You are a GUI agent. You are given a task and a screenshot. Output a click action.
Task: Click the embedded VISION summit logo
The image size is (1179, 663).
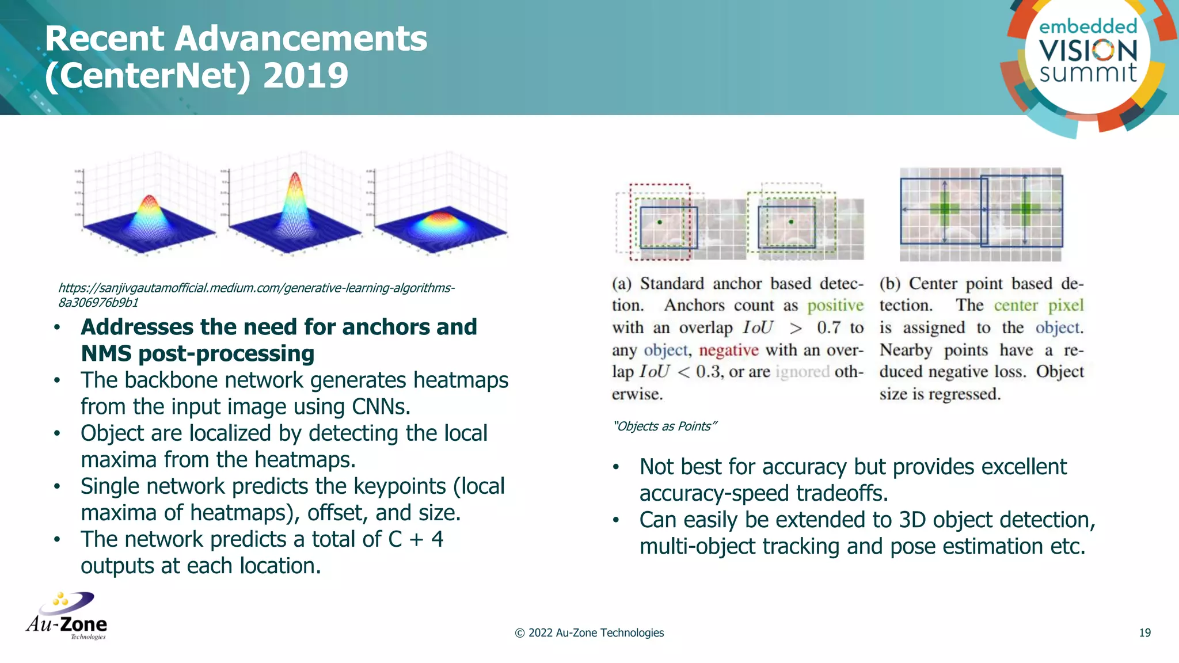1087,55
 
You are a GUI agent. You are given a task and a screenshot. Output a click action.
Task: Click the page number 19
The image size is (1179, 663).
1144,633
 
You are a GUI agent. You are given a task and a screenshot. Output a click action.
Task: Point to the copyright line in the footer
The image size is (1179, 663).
589,633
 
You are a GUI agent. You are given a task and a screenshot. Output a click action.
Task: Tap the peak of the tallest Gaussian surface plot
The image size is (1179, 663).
295,175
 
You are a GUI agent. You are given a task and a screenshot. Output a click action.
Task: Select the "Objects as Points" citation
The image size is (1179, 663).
665,426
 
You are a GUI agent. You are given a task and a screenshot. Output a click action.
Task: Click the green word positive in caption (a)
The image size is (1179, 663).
835,306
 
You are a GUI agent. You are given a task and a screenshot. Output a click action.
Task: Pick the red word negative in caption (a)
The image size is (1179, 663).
728,350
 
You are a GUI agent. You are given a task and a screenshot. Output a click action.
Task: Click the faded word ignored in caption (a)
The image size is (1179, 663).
803,372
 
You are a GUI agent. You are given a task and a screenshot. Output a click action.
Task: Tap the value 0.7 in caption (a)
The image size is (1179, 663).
828,328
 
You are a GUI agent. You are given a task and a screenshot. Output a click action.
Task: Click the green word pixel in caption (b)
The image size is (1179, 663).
1066,306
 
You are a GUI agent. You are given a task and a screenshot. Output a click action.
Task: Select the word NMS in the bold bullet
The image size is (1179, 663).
106,354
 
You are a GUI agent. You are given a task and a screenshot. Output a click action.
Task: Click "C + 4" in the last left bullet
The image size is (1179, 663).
416,540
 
